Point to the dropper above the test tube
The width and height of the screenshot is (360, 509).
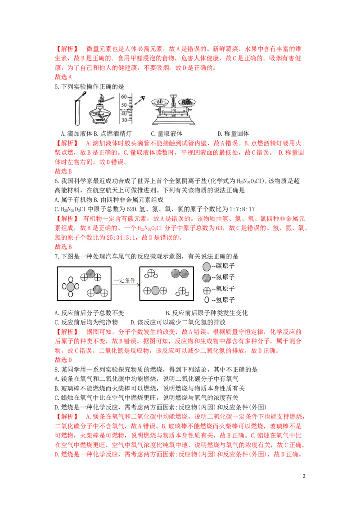pyautogui.click(x=84, y=96)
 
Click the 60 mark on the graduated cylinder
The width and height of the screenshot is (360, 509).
pyautogui.click(x=123, y=96)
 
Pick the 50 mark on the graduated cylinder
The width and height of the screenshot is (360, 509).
pyautogui.click(x=123, y=104)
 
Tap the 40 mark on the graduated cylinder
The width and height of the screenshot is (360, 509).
pyautogui.click(x=123, y=113)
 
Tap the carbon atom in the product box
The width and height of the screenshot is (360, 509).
pyautogui.click(x=155, y=291)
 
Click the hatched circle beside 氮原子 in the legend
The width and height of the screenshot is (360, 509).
pyautogui.click(x=207, y=277)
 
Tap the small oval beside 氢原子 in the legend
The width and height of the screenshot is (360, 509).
pyautogui.click(x=207, y=300)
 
